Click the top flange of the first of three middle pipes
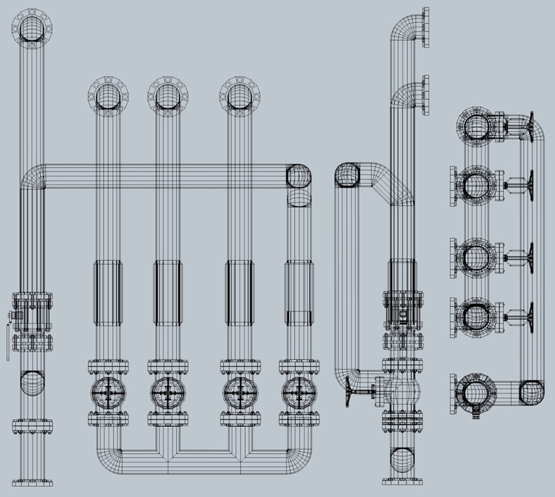[x=108, y=97]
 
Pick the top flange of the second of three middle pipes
[x=168, y=97]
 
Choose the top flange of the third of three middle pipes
[x=240, y=97]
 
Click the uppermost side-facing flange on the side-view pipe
[x=425, y=27]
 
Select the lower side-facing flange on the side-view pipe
[x=425, y=94]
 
